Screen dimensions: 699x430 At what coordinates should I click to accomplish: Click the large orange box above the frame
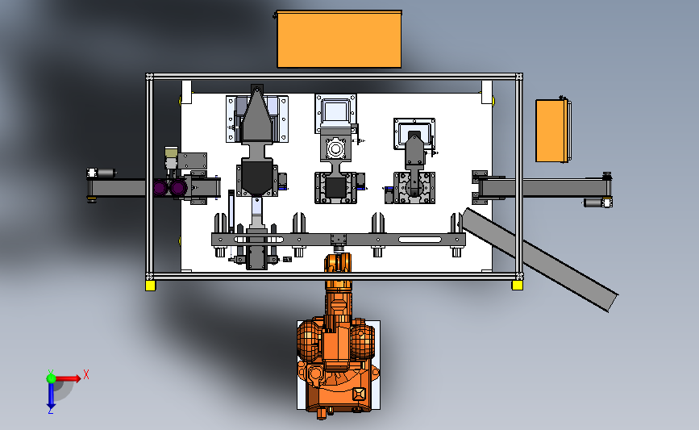point(339,40)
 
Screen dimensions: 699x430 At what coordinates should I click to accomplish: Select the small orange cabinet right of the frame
point(552,131)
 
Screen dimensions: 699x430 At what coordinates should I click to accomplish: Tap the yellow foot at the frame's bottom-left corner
point(150,286)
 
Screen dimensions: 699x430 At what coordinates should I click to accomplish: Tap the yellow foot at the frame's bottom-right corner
point(517,285)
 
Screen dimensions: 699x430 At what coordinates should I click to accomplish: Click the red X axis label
point(86,374)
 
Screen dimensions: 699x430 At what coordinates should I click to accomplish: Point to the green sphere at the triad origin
point(52,378)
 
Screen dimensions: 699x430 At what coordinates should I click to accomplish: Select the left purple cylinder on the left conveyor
point(160,188)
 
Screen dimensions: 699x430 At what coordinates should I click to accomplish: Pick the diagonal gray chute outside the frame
point(539,259)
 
